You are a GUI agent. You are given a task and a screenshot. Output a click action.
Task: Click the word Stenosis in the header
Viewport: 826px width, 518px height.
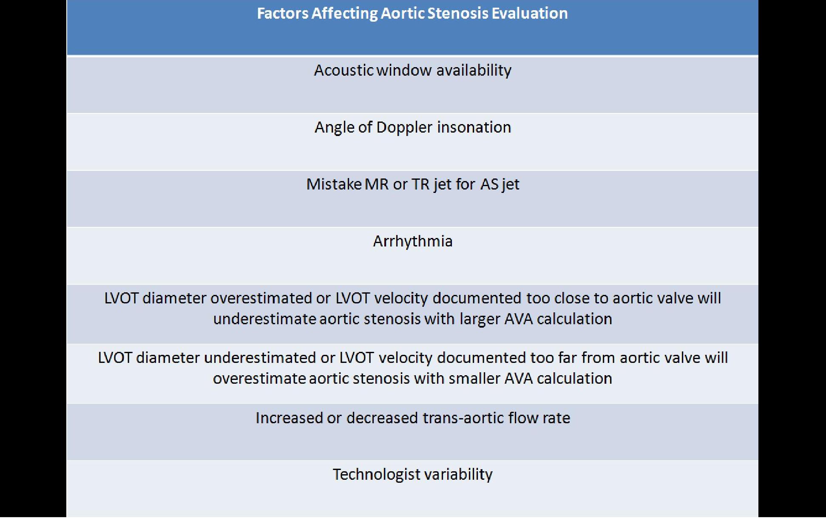457,13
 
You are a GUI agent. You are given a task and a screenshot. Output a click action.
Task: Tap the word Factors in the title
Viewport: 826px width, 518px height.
283,13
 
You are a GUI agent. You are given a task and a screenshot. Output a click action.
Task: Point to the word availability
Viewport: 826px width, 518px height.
474,70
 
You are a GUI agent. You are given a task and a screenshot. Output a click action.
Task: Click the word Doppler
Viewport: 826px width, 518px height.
404,127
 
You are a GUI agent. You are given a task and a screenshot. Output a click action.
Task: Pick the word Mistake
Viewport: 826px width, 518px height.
334,184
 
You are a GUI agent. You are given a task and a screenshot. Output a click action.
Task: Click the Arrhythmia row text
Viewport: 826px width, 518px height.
413,241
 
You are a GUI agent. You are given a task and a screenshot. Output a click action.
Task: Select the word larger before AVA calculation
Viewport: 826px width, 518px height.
480,319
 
